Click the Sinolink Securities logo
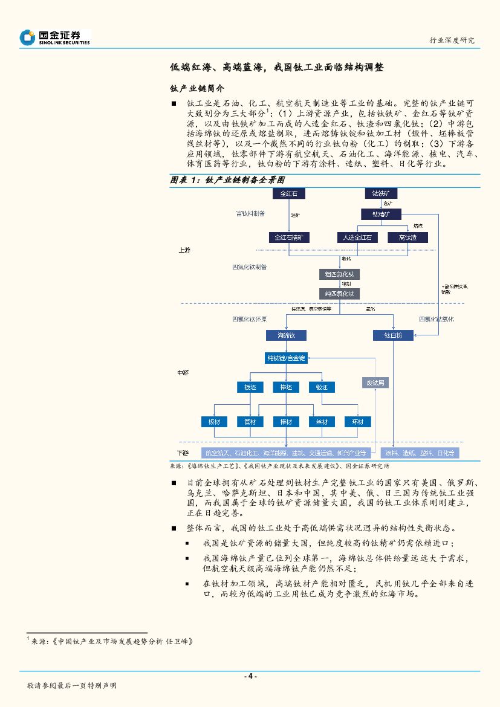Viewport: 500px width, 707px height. coord(54,37)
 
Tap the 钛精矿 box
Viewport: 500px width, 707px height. coord(381,215)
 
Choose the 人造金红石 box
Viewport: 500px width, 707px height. coord(357,237)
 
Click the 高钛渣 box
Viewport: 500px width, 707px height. coord(407,237)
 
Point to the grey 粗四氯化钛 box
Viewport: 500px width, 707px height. coord(339,274)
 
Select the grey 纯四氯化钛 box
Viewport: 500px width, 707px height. coord(339,294)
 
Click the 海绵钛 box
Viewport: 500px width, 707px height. coord(286,335)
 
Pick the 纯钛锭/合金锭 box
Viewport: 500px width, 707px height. coord(286,358)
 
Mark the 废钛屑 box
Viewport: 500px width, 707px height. coord(374,383)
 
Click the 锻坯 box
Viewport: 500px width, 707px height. coord(322,387)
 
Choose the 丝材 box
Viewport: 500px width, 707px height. coord(322,422)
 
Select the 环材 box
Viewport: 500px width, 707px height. coord(357,422)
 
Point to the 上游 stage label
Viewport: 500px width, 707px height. coord(184,250)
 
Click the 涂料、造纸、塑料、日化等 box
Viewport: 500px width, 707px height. coord(420,453)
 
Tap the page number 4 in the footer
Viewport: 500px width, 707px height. coord(250,676)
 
